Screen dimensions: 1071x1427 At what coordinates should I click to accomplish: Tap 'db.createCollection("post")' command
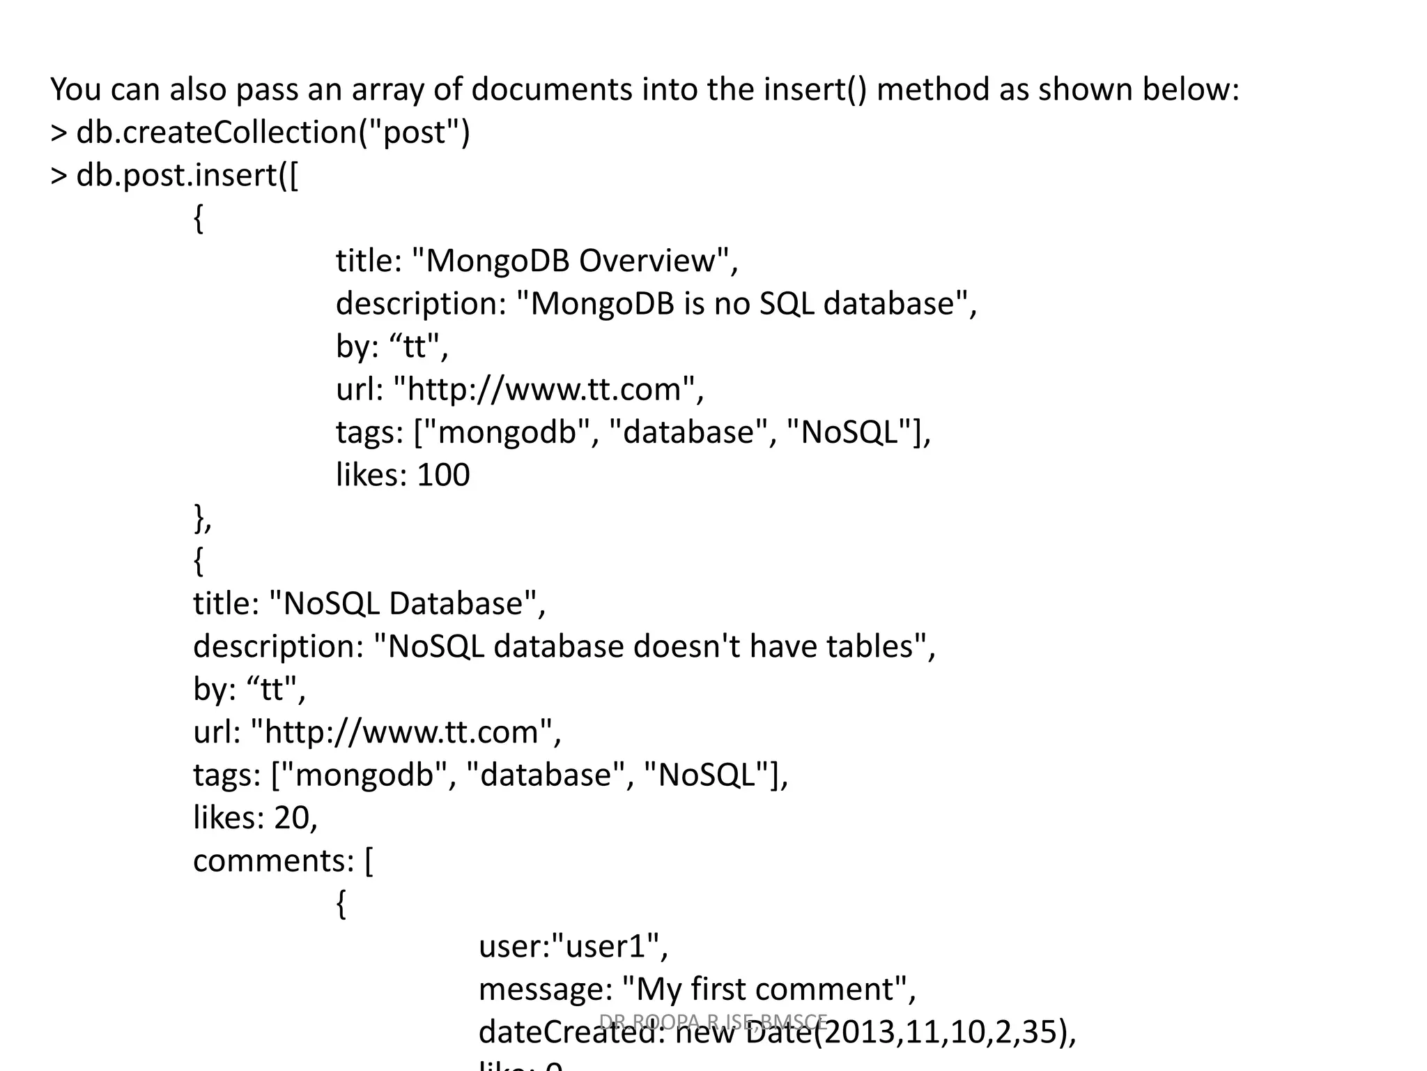(272, 132)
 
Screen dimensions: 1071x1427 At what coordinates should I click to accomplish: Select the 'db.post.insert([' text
(187, 175)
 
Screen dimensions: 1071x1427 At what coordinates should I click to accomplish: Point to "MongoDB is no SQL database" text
(741, 304)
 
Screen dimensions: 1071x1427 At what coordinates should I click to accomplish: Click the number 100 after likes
(443, 476)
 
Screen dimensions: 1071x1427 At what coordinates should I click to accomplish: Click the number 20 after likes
(291, 818)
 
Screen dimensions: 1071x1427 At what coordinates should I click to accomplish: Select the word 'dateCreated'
(572, 1033)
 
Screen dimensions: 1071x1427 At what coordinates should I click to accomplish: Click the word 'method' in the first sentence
(933, 90)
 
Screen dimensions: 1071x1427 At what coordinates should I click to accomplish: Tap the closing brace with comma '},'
(203, 519)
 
